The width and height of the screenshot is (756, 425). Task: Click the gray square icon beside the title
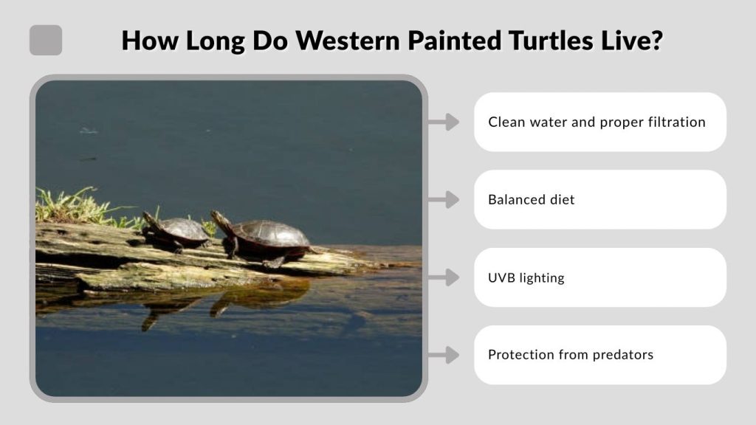[x=46, y=41]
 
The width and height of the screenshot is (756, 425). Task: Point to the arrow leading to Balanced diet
[x=444, y=199]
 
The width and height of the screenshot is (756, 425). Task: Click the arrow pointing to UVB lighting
[x=444, y=277]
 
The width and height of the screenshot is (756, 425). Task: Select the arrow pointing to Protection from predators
[x=444, y=355]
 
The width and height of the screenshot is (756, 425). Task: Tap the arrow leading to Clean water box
[x=444, y=122]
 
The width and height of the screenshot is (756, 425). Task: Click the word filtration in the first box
[x=677, y=122]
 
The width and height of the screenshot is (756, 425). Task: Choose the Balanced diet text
[x=531, y=200]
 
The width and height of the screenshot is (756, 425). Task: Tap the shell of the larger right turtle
[x=272, y=235]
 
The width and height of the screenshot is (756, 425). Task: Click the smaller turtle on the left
[x=177, y=231]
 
